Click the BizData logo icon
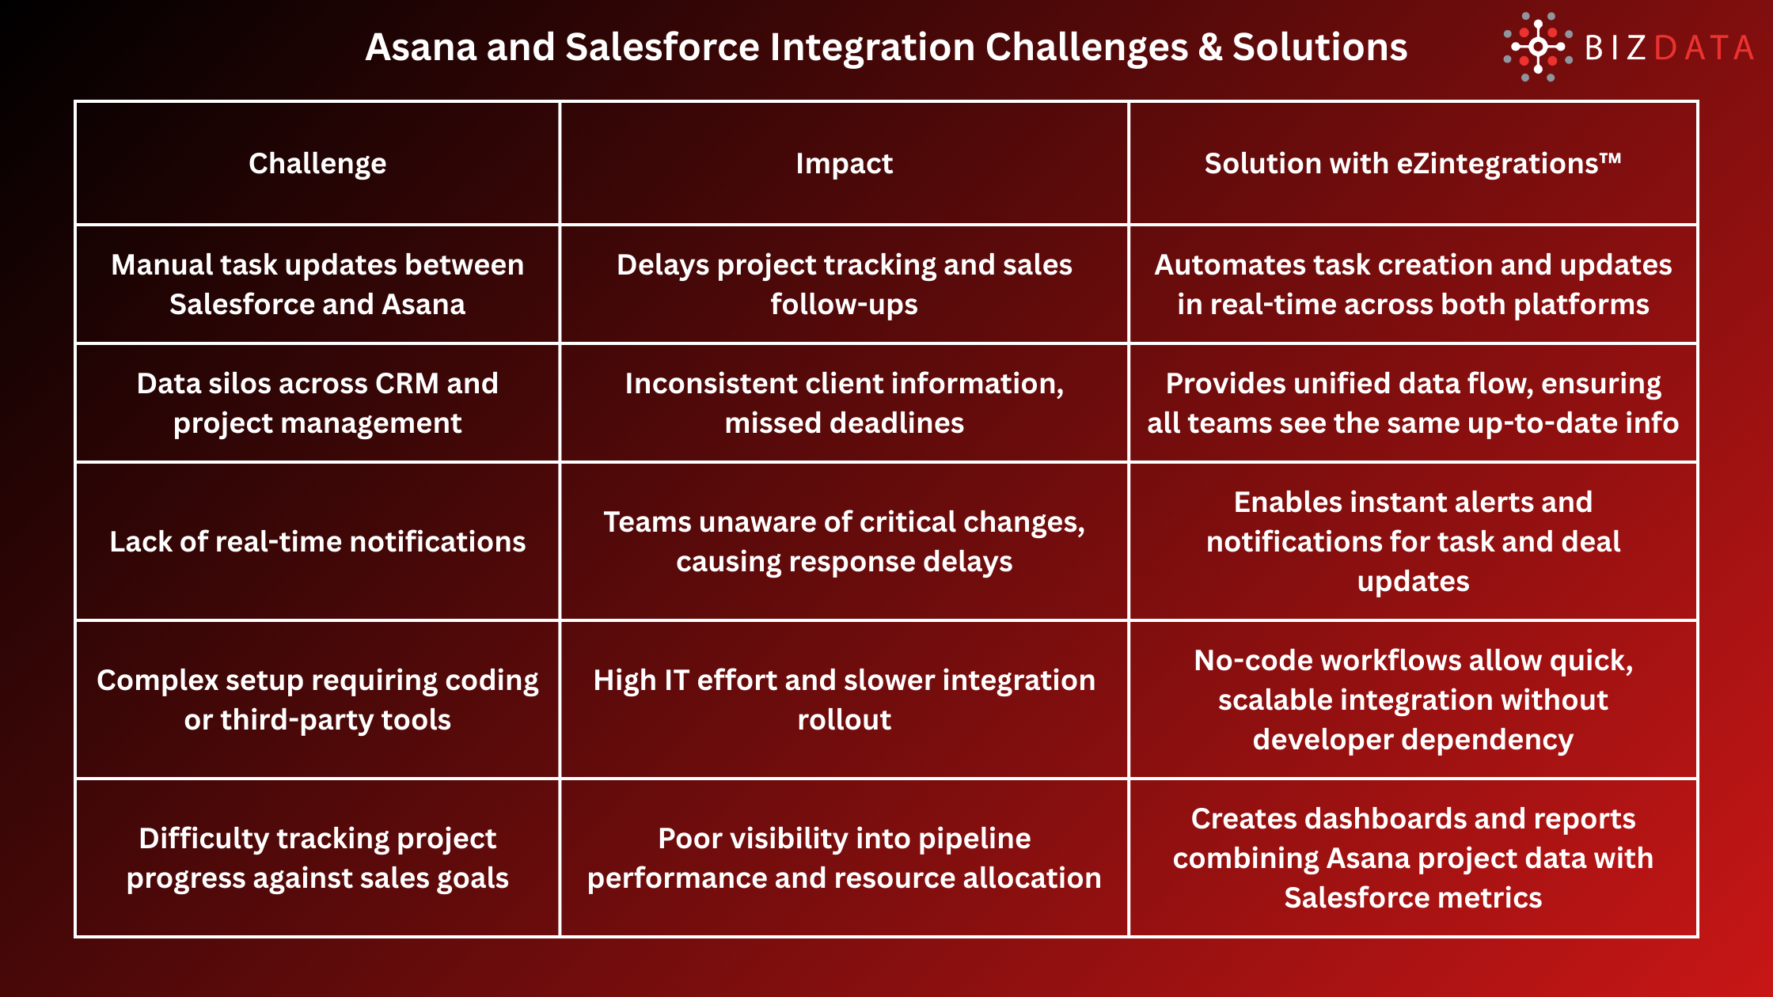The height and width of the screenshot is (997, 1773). click(1537, 47)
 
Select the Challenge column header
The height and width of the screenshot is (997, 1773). click(317, 163)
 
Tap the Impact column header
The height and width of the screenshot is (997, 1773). click(844, 163)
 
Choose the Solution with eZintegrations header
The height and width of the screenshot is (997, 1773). click(1413, 163)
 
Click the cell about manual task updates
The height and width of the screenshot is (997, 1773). click(317, 284)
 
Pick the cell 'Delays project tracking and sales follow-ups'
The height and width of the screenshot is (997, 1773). click(844, 284)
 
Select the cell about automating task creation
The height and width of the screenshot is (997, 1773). click(1413, 284)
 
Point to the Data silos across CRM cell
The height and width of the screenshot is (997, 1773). click(317, 403)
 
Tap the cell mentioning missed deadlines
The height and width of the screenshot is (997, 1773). click(844, 403)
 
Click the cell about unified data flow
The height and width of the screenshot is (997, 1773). click(1413, 403)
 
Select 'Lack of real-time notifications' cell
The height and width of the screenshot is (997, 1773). click(317, 541)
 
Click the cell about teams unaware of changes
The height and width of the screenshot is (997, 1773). click(844, 541)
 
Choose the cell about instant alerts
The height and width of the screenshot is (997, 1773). click(1413, 541)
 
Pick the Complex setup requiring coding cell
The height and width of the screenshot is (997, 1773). click(317, 699)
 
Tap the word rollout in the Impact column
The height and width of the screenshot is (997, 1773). click(844, 720)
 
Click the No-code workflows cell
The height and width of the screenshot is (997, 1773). click(1413, 699)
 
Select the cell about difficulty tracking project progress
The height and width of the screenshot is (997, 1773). click(317, 858)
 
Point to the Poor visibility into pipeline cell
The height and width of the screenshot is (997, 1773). click(844, 858)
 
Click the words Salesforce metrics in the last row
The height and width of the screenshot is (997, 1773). click(1413, 898)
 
